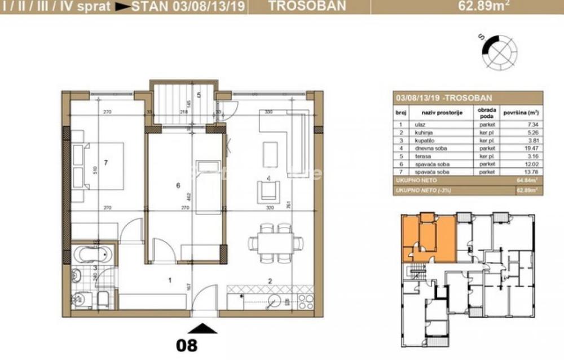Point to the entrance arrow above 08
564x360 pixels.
[x=202, y=328]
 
